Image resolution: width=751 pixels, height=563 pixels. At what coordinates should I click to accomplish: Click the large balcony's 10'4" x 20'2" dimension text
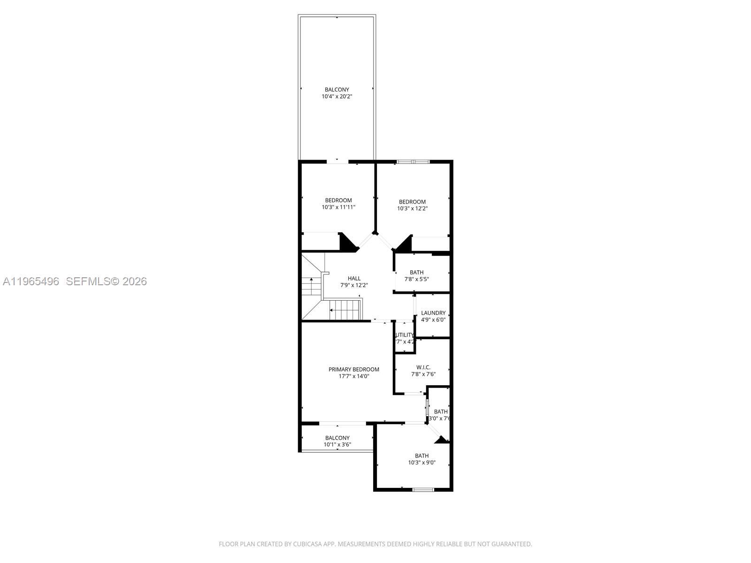click(337, 97)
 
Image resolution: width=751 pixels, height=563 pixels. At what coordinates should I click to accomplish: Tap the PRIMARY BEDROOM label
click(353, 369)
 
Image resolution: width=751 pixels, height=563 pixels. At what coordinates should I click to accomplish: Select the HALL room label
click(354, 278)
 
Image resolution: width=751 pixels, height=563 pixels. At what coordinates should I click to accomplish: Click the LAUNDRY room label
click(433, 313)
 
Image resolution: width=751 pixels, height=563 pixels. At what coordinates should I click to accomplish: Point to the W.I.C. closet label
click(423, 367)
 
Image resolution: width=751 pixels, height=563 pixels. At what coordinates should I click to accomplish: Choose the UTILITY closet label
click(405, 335)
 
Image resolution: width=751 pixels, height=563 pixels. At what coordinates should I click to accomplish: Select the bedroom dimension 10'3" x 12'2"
click(412, 209)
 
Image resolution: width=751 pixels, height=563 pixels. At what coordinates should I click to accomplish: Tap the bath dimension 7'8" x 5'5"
click(416, 279)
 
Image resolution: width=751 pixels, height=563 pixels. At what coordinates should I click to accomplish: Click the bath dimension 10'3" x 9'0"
click(421, 463)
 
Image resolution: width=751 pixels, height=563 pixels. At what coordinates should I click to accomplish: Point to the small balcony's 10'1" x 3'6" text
click(337, 445)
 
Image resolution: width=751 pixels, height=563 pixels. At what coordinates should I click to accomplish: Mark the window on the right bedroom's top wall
click(413, 162)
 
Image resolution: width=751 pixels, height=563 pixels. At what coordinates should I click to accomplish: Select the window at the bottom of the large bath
click(423, 490)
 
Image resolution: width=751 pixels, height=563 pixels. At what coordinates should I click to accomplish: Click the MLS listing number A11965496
click(31, 281)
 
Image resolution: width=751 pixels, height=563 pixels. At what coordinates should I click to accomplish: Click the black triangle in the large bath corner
click(441, 440)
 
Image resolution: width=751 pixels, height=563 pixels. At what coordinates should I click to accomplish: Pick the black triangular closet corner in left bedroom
click(347, 242)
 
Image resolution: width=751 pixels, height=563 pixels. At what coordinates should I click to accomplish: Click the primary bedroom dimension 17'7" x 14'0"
click(353, 376)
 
